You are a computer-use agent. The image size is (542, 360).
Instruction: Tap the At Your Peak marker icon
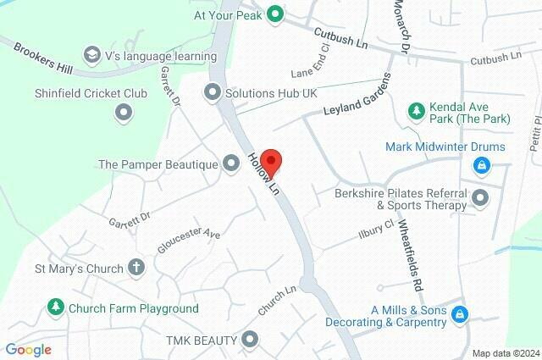click(274, 14)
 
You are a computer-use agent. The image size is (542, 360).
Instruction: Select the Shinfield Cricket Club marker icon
click(124, 112)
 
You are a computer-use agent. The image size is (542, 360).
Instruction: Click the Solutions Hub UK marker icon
click(213, 91)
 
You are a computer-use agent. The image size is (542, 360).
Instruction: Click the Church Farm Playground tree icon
click(56, 307)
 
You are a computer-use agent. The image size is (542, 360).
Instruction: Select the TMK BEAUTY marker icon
click(250, 341)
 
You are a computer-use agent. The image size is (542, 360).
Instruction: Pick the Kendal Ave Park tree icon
click(416, 110)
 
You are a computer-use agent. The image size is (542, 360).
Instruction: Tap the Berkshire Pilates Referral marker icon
click(481, 199)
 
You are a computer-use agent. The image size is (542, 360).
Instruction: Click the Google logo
click(28, 349)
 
